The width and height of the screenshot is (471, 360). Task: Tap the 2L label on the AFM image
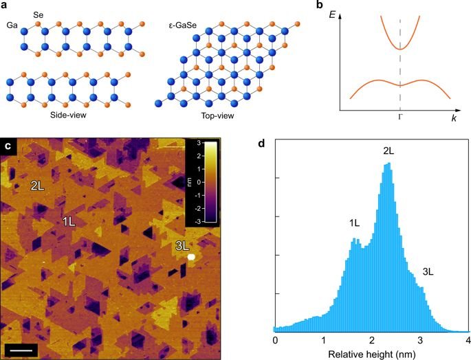39,185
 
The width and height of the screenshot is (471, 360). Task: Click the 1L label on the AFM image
70,222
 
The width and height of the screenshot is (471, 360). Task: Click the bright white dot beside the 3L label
192,256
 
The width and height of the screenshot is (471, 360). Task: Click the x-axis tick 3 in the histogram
419,339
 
